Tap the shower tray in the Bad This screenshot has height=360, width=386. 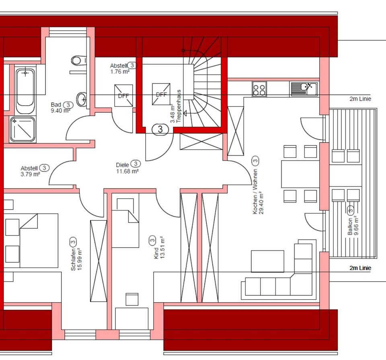pyautogui.click(x=23, y=129)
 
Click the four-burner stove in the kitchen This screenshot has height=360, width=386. pyautogui.click(x=259, y=89)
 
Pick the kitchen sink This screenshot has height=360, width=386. pyautogui.click(x=304, y=89)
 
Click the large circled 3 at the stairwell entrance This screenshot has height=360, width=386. pyautogui.click(x=160, y=129)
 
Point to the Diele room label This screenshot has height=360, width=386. pyautogui.click(x=122, y=164)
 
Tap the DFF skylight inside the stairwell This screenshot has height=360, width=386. pyautogui.click(x=161, y=94)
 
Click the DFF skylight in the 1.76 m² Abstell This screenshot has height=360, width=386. pyautogui.click(x=123, y=96)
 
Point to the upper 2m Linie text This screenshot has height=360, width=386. pyautogui.click(x=360, y=99)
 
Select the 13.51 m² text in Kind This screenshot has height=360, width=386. pyautogui.click(x=162, y=249)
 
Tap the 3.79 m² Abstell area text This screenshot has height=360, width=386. pyautogui.click(x=30, y=175)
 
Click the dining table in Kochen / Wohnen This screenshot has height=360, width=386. pyautogui.click(x=300, y=174)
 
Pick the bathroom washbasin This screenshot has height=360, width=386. pyautogui.click(x=82, y=98)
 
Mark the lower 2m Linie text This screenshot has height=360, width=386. pyautogui.click(x=360, y=268)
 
